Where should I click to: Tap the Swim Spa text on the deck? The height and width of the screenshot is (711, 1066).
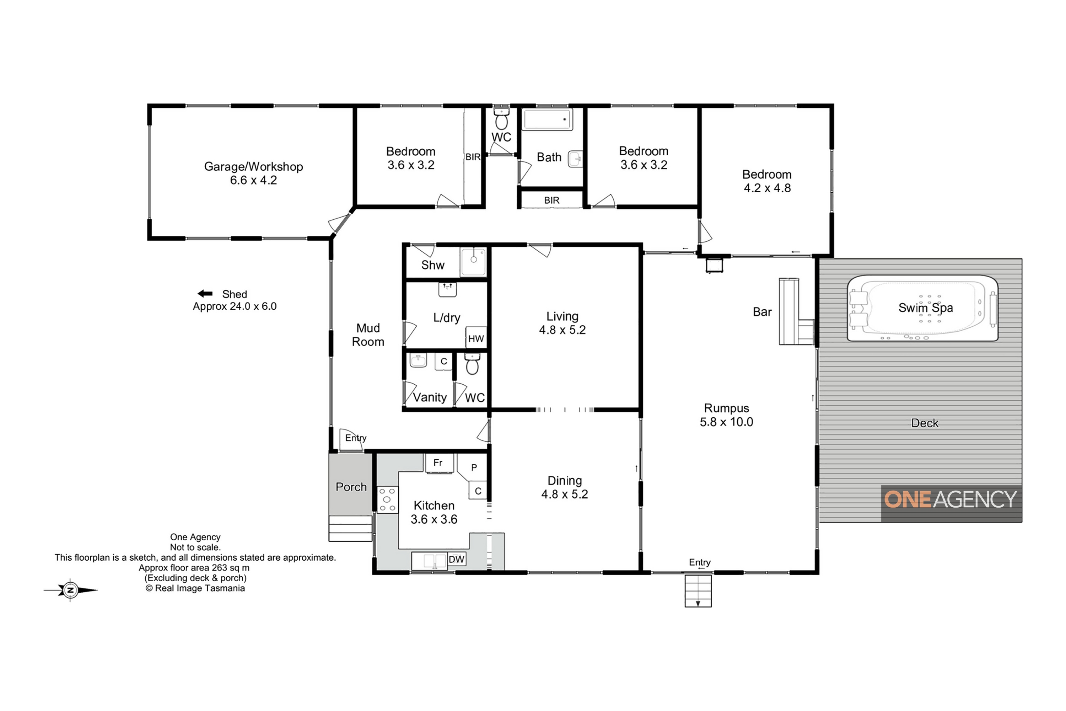(x=926, y=308)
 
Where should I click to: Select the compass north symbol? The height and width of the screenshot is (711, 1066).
(x=70, y=590)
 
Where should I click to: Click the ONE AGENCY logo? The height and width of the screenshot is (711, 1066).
(x=951, y=499)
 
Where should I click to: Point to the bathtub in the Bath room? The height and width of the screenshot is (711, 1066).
(x=548, y=119)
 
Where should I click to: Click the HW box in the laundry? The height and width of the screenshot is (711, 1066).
(x=476, y=338)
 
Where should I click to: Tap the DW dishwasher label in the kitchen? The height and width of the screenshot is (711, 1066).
(x=456, y=559)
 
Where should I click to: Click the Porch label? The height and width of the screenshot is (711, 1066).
(x=351, y=487)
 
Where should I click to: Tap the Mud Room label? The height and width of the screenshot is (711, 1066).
(x=368, y=335)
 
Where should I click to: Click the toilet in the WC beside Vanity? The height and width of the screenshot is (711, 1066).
(x=472, y=364)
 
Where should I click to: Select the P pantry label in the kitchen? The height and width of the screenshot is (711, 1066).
(x=474, y=467)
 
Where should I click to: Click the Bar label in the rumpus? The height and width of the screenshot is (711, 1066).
(x=762, y=312)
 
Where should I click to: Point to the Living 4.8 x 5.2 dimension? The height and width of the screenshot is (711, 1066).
(x=562, y=330)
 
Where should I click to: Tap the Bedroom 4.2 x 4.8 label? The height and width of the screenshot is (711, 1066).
(x=767, y=181)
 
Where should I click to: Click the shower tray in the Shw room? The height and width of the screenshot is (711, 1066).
(x=473, y=261)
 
